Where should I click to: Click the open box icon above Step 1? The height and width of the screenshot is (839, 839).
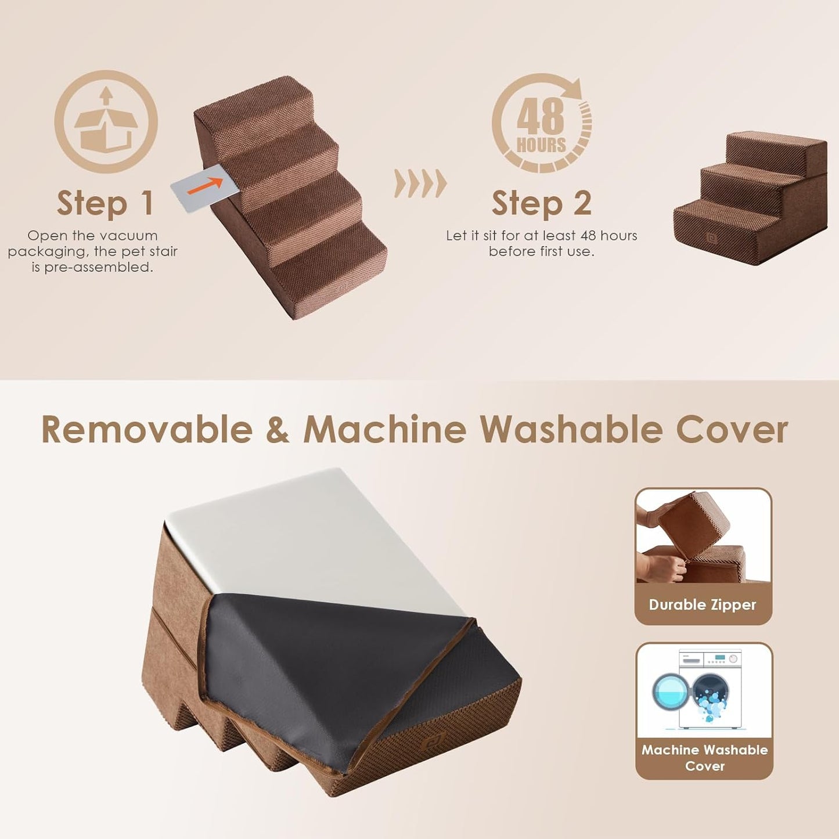point(106,122)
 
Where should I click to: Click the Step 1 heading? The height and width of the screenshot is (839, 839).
point(105,203)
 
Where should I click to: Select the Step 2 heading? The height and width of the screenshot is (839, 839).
point(541,203)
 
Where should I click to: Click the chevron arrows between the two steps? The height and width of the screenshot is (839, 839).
point(420,183)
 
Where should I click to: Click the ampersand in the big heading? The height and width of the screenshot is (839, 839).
point(278,430)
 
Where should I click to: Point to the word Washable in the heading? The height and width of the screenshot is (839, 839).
point(571,430)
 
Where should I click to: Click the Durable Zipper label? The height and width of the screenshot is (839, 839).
point(703,604)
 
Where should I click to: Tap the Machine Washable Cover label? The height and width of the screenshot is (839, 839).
point(704,758)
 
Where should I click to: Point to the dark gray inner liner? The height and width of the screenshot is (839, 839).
point(325,656)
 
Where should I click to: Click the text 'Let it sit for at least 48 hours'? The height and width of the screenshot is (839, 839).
point(541,236)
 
